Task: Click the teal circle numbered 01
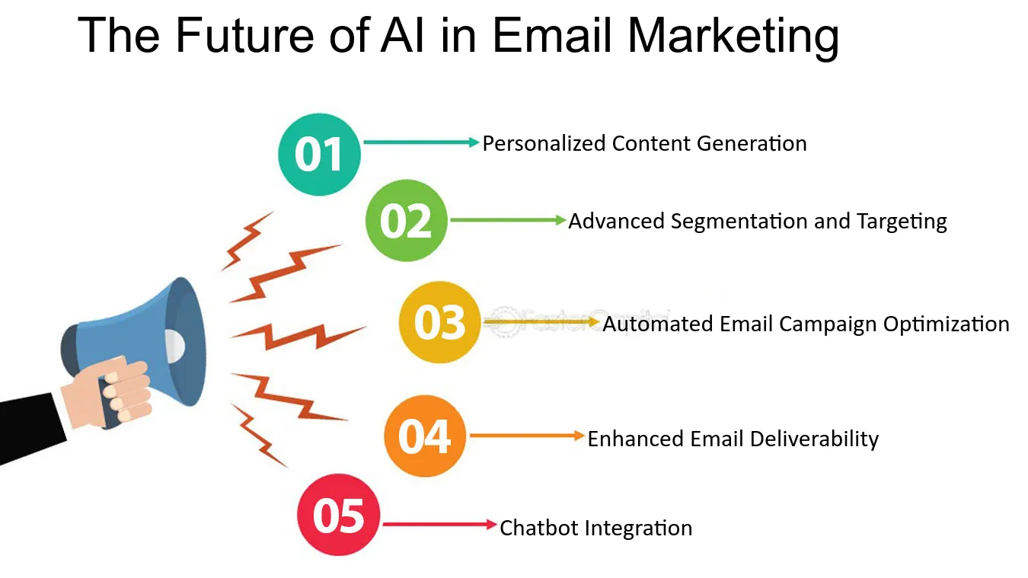coord(319,155)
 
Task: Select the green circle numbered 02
coord(406,221)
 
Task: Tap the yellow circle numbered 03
coord(440,322)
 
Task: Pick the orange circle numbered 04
coord(424,436)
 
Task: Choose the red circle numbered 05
coord(339,515)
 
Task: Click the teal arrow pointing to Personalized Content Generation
coord(421,142)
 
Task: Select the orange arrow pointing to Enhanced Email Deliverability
coord(527,436)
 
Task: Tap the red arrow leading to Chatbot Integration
coord(439,524)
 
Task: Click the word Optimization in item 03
coord(946,324)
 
